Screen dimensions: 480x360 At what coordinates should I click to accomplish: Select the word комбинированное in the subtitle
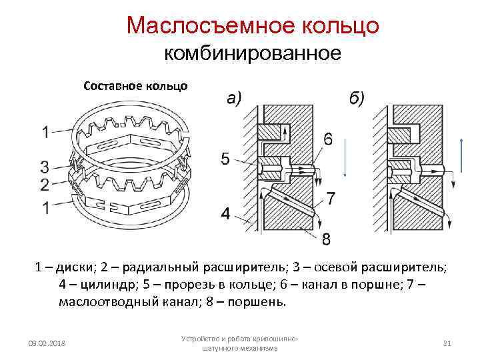[x=253, y=53]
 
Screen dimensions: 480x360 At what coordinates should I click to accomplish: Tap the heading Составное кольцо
[x=135, y=86]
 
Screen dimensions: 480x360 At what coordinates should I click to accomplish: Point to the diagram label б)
[x=357, y=99]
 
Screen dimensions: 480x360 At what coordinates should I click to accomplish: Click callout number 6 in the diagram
[x=328, y=139]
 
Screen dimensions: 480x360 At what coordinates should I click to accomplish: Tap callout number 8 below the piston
[x=327, y=238]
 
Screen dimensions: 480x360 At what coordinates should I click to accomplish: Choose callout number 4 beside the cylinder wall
[x=225, y=214]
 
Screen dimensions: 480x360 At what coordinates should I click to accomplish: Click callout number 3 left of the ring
[x=44, y=167]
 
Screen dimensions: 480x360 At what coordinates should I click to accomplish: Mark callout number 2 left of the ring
[x=44, y=184]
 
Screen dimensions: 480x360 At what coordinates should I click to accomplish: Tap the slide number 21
[x=447, y=343]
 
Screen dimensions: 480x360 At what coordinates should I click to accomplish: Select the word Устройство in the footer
[x=201, y=339]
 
